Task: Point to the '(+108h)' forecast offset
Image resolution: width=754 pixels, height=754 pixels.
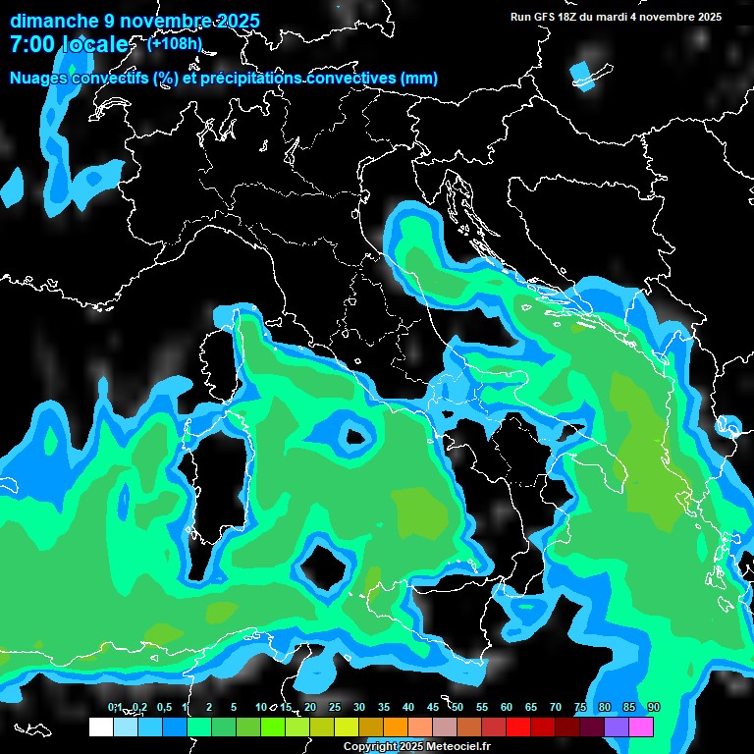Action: click(175, 43)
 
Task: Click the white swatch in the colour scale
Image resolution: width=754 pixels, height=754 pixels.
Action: click(100, 727)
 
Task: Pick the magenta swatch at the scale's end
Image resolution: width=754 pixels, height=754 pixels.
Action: click(641, 727)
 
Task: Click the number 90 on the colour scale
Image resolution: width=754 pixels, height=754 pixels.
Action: click(654, 707)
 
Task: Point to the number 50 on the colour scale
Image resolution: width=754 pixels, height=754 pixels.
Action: click(458, 707)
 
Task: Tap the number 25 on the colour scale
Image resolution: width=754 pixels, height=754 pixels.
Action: click(335, 707)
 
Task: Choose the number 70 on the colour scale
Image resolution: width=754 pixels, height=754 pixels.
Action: click(556, 707)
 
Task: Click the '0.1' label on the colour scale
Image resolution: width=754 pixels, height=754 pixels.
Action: click(114, 707)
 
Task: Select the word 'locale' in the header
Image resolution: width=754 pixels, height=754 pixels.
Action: click(94, 45)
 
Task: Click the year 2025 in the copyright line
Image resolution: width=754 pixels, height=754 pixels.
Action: click(402, 747)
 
